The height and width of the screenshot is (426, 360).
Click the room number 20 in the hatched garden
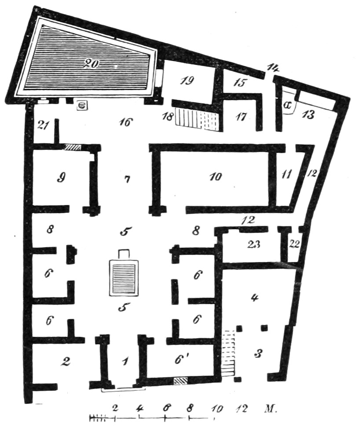(92, 64)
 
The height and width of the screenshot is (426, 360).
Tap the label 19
(187, 80)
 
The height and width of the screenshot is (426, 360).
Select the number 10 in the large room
(216, 177)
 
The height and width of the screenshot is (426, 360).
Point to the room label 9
(62, 178)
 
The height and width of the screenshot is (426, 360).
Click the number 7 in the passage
(127, 179)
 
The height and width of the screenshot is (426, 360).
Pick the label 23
(253, 244)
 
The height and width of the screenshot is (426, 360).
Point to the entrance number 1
(125, 361)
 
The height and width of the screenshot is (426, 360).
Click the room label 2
(66, 361)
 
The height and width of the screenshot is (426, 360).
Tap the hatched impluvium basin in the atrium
(123, 277)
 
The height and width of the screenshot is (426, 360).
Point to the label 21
(42, 125)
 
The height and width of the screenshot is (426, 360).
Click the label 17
(241, 117)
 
